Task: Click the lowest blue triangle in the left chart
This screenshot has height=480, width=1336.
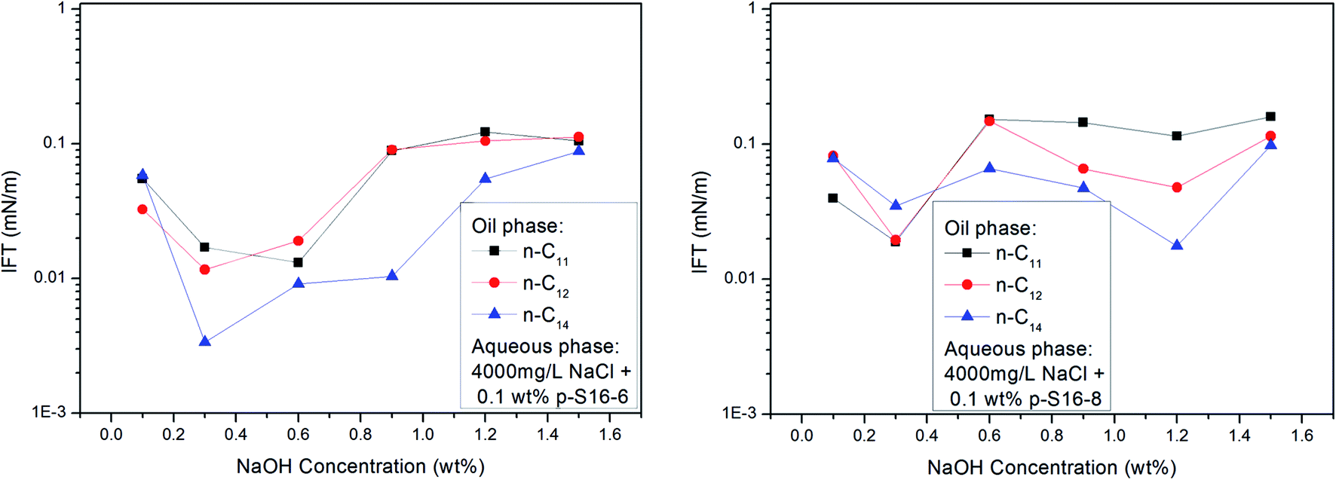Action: click(204, 342)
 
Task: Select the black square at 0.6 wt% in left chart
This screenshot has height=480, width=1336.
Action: click(299, 262)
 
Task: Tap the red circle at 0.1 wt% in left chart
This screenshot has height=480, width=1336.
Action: click(142, 209)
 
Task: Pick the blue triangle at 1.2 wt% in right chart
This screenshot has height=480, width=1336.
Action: click(1177, 246)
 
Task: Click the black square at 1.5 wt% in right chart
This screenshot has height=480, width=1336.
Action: click(1270, 117)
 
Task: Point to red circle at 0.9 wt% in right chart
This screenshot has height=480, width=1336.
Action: click(1083, 169)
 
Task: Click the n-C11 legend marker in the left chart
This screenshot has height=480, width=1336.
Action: click(495, 251)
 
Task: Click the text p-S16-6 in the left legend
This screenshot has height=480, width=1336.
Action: click(592, 396)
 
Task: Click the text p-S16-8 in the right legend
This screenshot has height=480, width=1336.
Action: click(1065, 399)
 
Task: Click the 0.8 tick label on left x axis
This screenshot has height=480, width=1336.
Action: click(360, 435)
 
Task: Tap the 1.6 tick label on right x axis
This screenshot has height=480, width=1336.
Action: click(1301, 436)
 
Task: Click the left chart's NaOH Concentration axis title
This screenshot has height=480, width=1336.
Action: click(360, 466)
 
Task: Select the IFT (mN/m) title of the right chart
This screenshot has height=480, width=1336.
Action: click(700, 222)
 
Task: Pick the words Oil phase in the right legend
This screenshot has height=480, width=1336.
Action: click(990, 228)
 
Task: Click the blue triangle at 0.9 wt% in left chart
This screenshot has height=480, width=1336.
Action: click(392, 276)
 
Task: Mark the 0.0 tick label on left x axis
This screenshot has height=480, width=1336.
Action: click(111, 435)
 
